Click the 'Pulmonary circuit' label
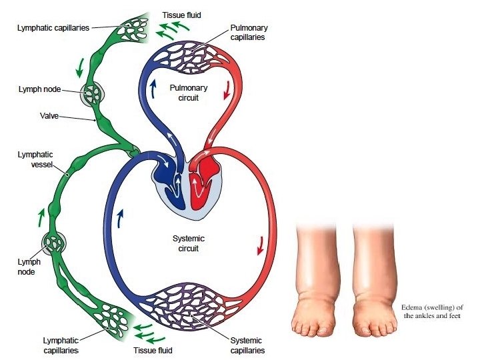pyautogui.click(x=188, y=93)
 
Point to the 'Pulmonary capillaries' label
pyautogui.click(x=248, y=33)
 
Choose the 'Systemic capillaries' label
pyautogui.click(x=246, y=345)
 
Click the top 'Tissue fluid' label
pyautogui.click(x=181, y=14)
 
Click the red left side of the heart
pyautogui.click(x=203, y=180)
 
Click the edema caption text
pyautogui.click(x=431, y=311)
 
